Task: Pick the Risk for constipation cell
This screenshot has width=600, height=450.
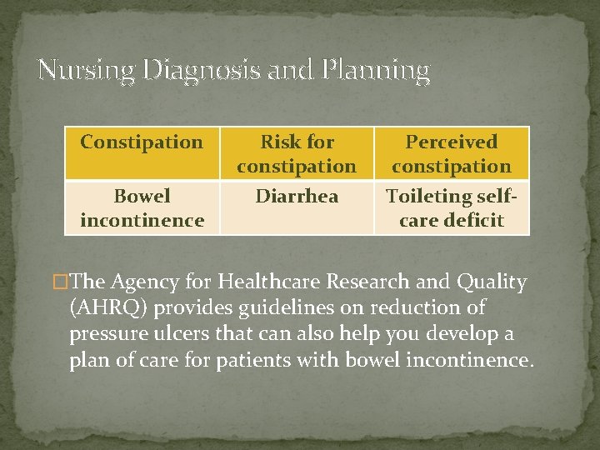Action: tap(296, 154)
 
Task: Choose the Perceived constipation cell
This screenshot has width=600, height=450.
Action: tap(451, 154)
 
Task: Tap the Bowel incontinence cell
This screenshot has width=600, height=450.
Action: tap(142, 208)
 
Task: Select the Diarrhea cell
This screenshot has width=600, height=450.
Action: tap(296, 197)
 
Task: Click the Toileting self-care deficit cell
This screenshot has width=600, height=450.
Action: tap(451, 208)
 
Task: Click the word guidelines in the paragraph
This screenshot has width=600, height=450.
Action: tap(272, 308)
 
